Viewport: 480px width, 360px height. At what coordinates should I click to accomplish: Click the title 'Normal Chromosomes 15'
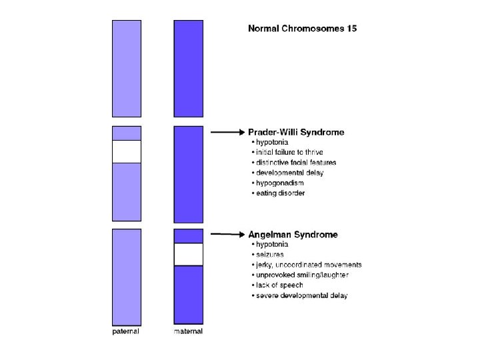(302, 29)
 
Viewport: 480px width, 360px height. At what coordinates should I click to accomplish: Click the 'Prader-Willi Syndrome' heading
(296, 132)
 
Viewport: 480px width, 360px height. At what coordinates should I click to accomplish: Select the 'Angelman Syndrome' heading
(293, 234)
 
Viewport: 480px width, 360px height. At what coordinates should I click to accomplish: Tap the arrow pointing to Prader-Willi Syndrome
(228, 133)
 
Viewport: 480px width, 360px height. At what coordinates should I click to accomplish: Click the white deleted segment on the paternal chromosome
(127, 151)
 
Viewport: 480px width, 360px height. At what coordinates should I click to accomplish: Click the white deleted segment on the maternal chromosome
(189, 254)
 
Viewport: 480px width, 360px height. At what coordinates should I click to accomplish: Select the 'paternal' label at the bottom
(125, 331)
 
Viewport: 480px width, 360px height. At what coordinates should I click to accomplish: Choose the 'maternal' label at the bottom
(188, 331)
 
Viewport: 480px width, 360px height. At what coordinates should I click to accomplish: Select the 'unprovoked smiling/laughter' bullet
(301, 275)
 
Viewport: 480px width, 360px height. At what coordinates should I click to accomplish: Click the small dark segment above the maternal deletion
(189, 235)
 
